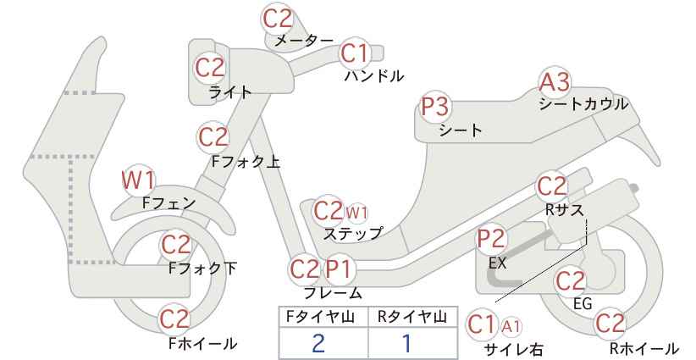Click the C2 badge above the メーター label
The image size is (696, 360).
tap(278, 19)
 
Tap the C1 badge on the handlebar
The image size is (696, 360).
tap(355, 53)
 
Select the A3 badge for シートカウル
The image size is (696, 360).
tap(555, 82)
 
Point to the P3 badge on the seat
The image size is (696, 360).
tap(435, 107)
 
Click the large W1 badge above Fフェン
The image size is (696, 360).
tap(138, 180)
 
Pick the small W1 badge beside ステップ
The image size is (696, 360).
tap(356, 213)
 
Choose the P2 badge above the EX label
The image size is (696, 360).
tap(491, 239)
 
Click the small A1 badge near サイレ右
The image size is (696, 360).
tap(511, 327)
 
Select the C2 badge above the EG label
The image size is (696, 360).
tap(571, 281)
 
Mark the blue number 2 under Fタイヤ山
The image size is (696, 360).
tap(318, 343)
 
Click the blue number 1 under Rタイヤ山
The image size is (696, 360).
tap(406, 343)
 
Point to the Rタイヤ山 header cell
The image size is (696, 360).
tap(413, 317)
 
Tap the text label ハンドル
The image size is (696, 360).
tap(374, 76)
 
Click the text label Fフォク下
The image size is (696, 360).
tap(203, 269)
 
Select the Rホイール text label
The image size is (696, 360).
tap(644, 348)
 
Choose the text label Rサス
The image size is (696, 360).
tap(564, 209)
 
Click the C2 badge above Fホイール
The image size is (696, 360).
tap(175, 319)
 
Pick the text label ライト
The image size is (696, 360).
tap(230, 92)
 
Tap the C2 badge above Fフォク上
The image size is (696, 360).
tap(213, 137)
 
